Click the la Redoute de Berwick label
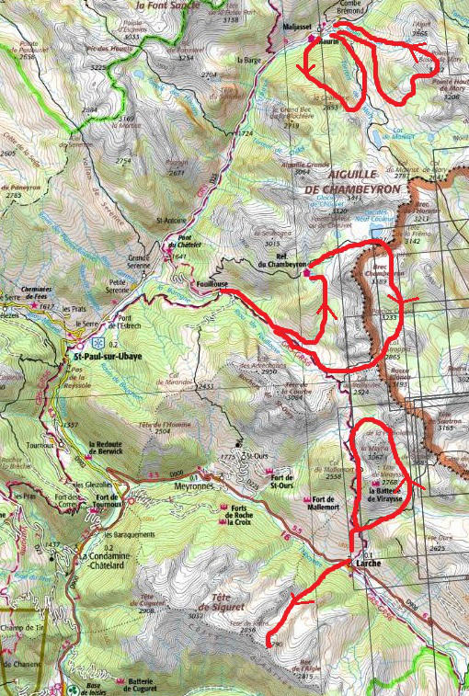click(x=119, y=451)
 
